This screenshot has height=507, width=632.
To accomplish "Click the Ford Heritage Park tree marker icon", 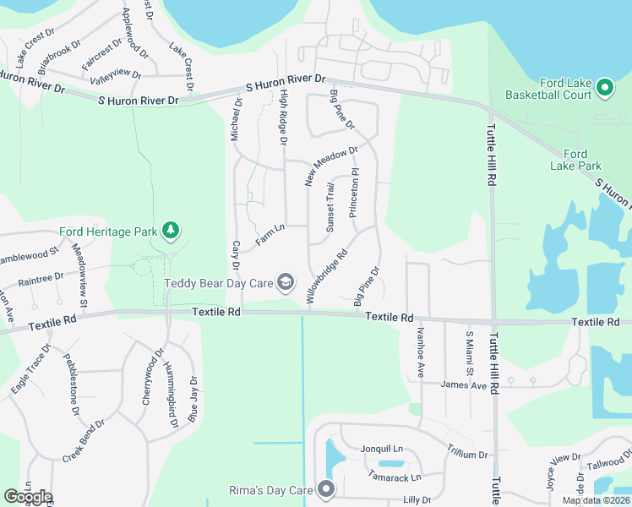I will click(171, 230).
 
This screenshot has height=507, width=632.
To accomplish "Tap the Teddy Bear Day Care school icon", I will click(286, 282).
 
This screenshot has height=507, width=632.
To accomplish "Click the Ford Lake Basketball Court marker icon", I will click(605, 87).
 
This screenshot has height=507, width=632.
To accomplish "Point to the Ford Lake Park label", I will click(575, 160).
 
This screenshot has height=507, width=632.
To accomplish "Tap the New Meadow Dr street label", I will click(332, 166).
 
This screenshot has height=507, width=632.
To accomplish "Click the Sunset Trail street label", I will click(330, 208).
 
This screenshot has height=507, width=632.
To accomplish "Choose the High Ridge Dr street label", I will click(284, 118).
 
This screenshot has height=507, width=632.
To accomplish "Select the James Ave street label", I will click(464, 384).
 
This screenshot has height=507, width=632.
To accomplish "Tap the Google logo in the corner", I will click(28, 496).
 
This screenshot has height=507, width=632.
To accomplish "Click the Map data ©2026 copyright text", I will click(595, 500).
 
